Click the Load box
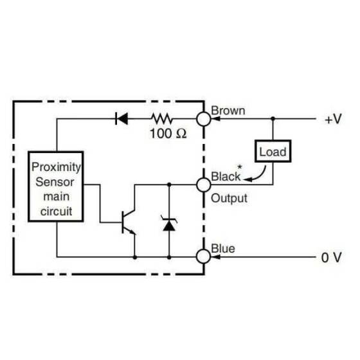coord(272,152)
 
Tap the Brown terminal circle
coord(204,119)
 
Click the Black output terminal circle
coord(204,184)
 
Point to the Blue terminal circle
coord(204,256)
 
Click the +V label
coord(332,120)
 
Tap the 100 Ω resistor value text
coord(168,134)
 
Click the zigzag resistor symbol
coord(163,119)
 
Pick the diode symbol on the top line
coord(121,119)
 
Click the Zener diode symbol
coord(170,224)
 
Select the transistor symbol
coord(127,221)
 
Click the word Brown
coord(228,110)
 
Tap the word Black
coord(226,175)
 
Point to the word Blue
coord(223,248)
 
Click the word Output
coord(230,198)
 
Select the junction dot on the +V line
coord(273,119)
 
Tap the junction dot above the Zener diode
coord(170,184)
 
